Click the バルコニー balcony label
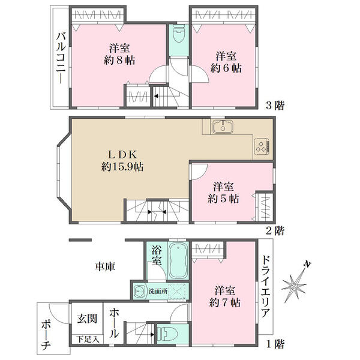coord(61,58)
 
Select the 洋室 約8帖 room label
coord(119,55)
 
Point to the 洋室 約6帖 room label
coord(226,62)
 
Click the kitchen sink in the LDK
coord(223,127)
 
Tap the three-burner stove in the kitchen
coord(262,146)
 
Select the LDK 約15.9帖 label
coord(122,161)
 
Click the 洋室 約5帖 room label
coord(223,193)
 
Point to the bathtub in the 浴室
coord(178,260)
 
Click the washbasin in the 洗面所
coord(139,291)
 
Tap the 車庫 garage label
coord(105,266)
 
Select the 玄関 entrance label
coord(87,319)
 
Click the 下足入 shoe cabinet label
coord(88,339)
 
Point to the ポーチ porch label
coord(46,335)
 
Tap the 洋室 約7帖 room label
coord(225,296)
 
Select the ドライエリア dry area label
coord(266,287)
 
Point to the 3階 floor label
coord(275,106)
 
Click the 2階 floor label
coord(275,230)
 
